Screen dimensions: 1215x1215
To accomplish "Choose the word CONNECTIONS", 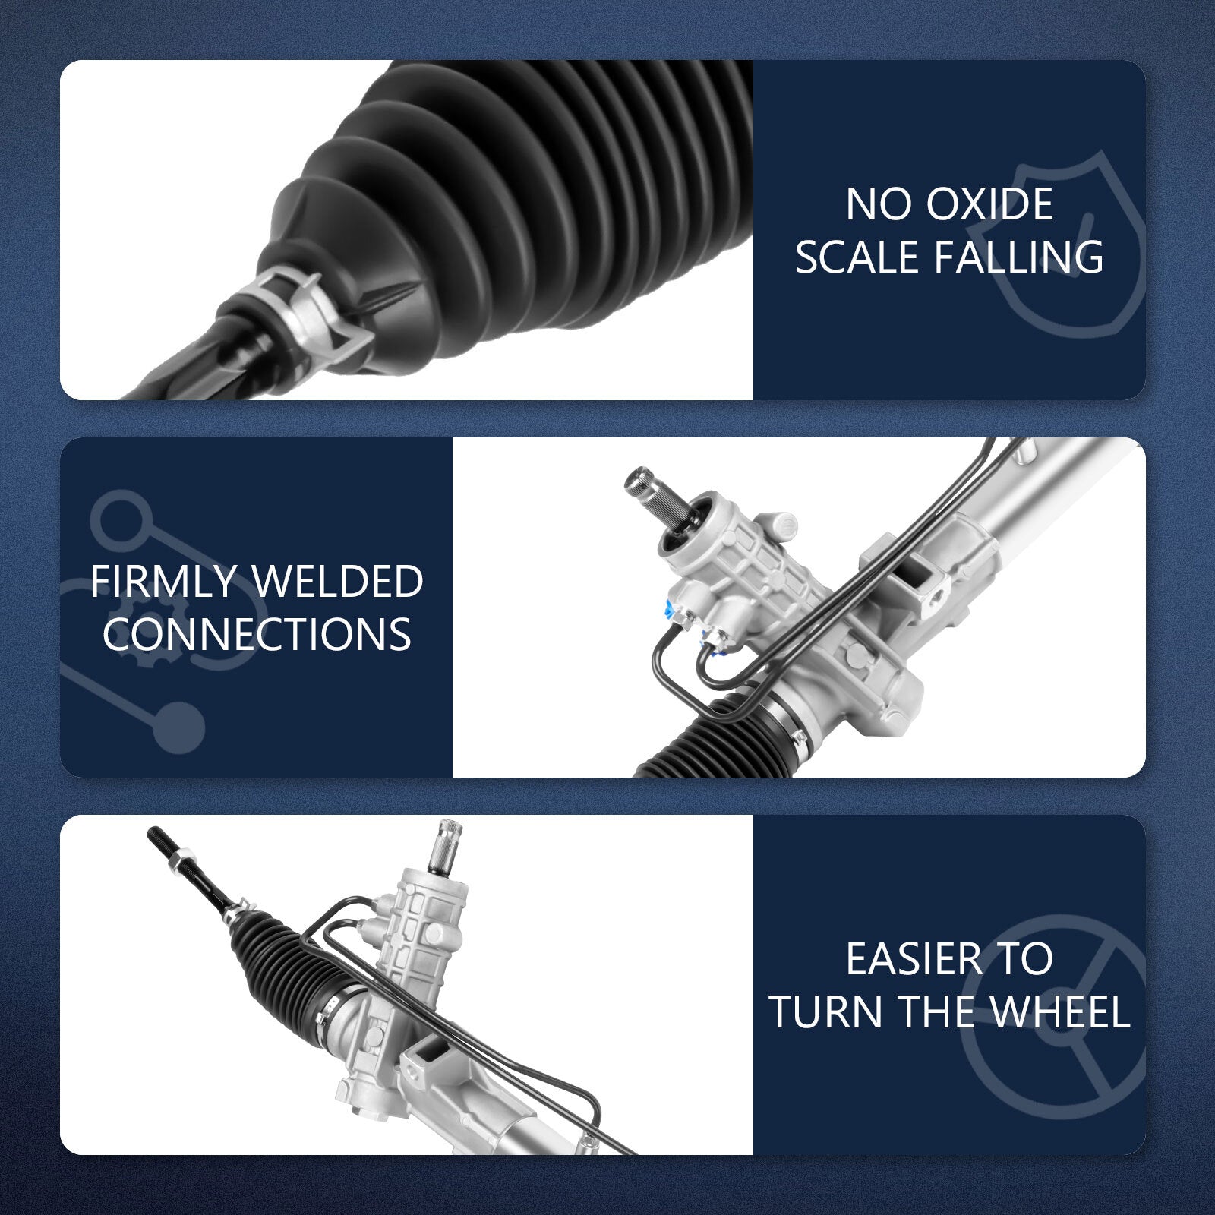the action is [x=257, y=634].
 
